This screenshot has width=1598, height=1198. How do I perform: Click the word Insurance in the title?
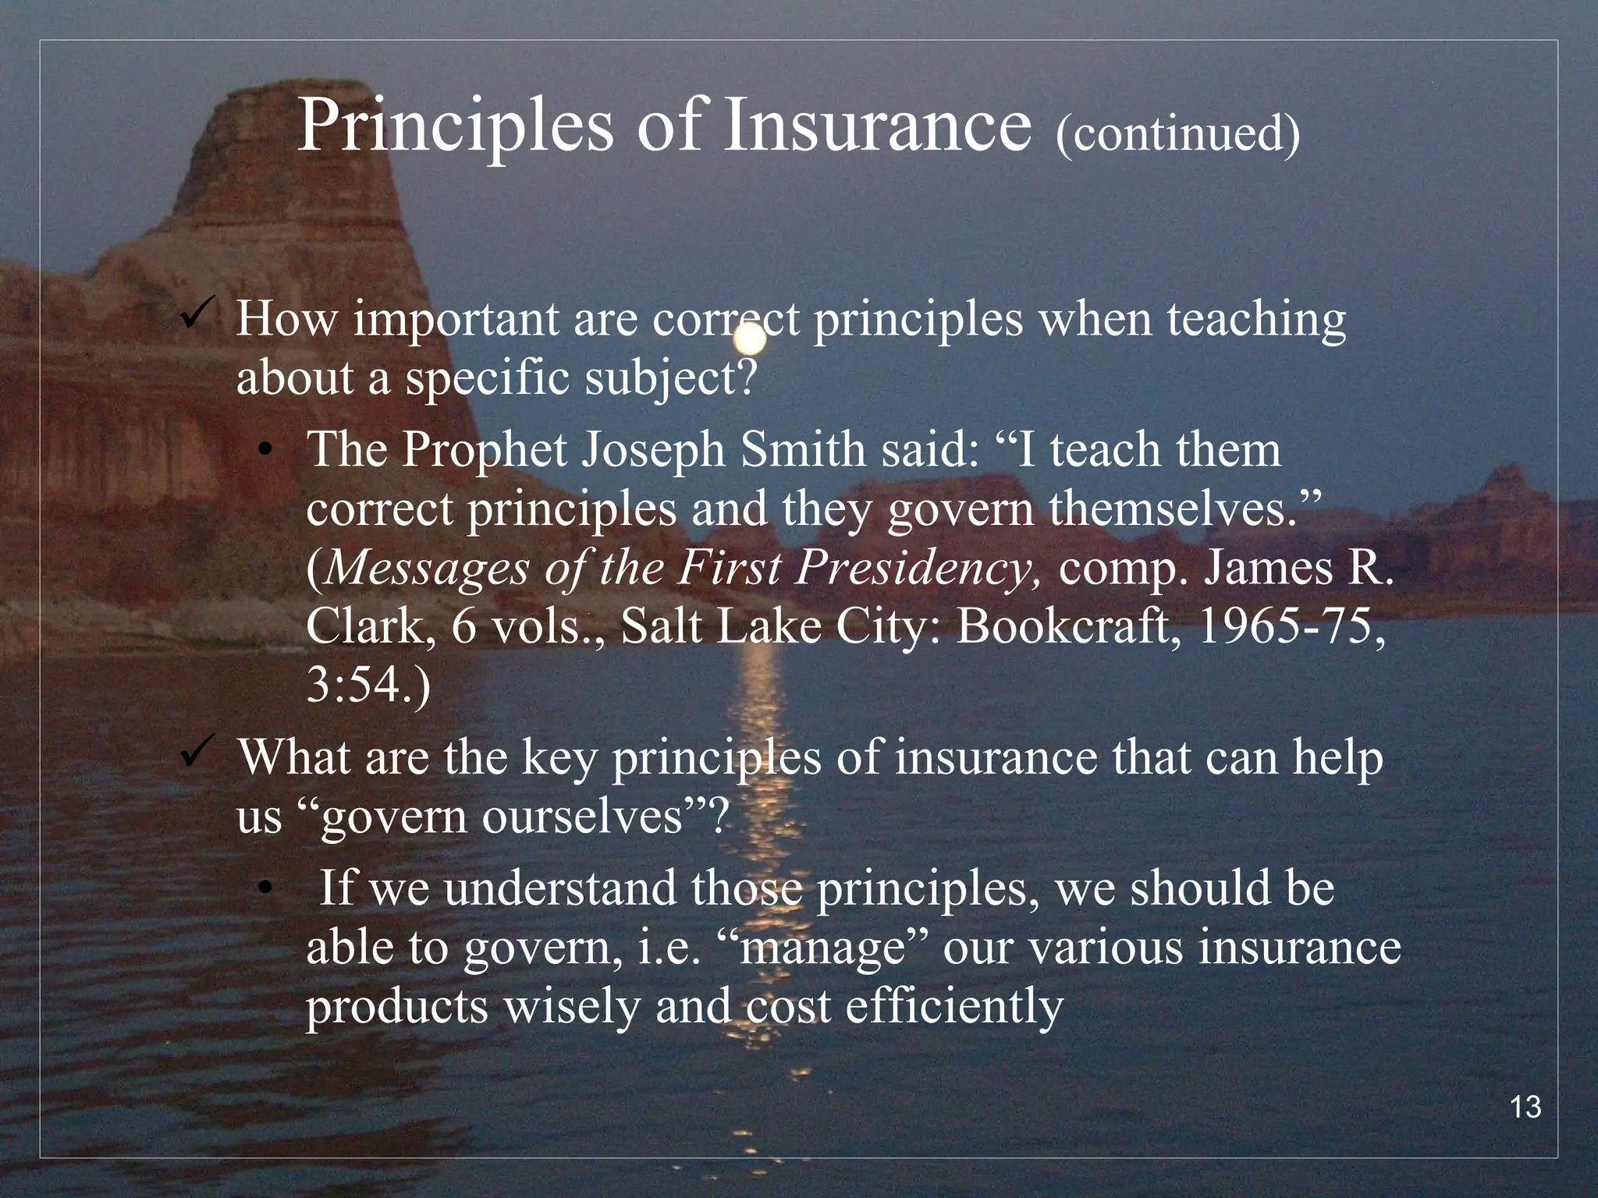tap(877, 126)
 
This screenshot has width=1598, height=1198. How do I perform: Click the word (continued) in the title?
tap(1177, 133)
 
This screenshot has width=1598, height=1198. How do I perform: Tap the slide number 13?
tap(1525, 1108)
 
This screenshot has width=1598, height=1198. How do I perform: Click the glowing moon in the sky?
tap(750, 337)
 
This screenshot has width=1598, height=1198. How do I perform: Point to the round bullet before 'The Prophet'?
tap(267, 452)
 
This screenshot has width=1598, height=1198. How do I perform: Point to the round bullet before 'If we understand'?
tap(267, 889)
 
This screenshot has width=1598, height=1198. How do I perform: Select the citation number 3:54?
tap(363, 685)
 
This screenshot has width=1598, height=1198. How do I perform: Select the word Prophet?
tap(483, 451)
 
